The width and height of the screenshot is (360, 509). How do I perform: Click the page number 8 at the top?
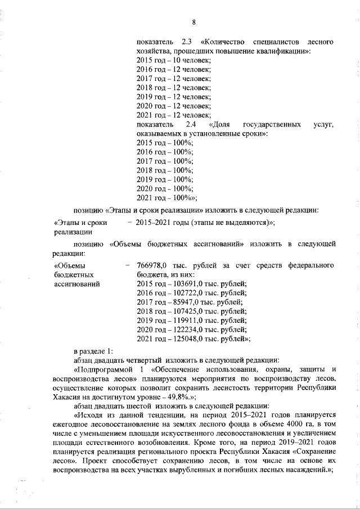click(193, 22)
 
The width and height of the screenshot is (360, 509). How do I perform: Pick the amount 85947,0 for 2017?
click(181, 301)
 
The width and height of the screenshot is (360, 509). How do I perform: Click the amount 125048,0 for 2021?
click(183, 338)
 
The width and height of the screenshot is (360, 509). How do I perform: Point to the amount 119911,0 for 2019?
click(183, 319)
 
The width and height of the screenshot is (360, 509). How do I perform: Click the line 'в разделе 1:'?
click(94, 350)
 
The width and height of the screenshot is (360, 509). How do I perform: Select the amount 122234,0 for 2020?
click(183, 329)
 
